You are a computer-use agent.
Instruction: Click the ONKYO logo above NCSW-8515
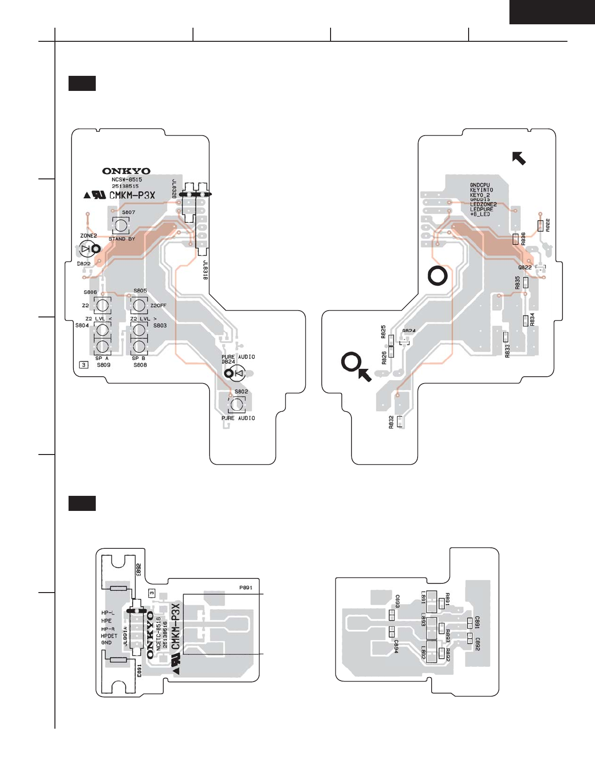(126, 171)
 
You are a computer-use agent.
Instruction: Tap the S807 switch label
(128, 212)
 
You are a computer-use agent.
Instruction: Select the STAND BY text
(122, 239)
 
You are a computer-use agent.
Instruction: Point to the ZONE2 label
(88, 236)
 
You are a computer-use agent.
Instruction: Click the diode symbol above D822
(86, 249)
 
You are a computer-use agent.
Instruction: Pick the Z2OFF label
(158, 306)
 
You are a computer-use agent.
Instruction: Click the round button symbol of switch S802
(238, 404)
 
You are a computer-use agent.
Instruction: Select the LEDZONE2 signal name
(483, 205)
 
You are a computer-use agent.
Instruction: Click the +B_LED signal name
(480, 214)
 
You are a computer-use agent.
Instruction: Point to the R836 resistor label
(523, 238)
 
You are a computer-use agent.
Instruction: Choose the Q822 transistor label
(525, 267)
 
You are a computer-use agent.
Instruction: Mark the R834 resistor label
(532, 319)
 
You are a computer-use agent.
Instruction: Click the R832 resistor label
(391, 422)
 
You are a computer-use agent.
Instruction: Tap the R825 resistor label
(384, 332)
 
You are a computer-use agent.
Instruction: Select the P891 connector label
(246, 588)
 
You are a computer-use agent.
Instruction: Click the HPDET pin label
(109, 636)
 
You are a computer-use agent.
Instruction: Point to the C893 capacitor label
(397, 601)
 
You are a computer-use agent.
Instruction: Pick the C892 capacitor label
(478, 644)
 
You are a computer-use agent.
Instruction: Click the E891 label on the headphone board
(139, 671)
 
